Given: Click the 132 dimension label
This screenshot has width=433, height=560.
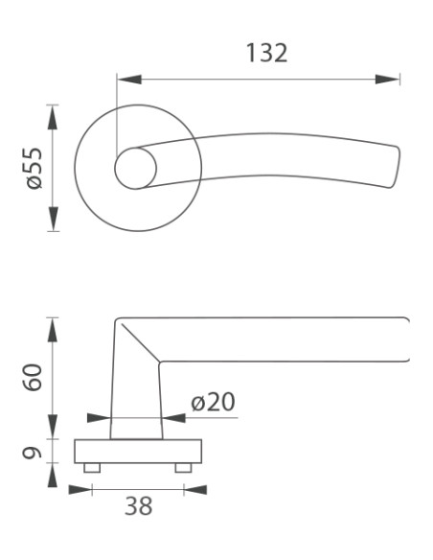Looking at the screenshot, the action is point(266,53).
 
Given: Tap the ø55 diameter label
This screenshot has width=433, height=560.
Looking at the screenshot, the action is point(34,168).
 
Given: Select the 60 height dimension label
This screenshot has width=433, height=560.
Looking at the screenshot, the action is point(33,378).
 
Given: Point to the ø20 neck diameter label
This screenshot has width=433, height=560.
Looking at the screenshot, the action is point(213,402).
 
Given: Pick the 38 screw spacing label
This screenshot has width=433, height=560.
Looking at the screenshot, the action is point(138,505).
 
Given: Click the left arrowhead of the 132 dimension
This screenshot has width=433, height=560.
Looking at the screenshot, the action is point(129,80).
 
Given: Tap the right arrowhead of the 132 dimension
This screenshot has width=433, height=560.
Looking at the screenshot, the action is point(387,80).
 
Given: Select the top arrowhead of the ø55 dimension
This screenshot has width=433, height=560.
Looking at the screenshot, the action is point(53,117).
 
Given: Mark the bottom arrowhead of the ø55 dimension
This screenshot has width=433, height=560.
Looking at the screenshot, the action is point(53,219).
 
